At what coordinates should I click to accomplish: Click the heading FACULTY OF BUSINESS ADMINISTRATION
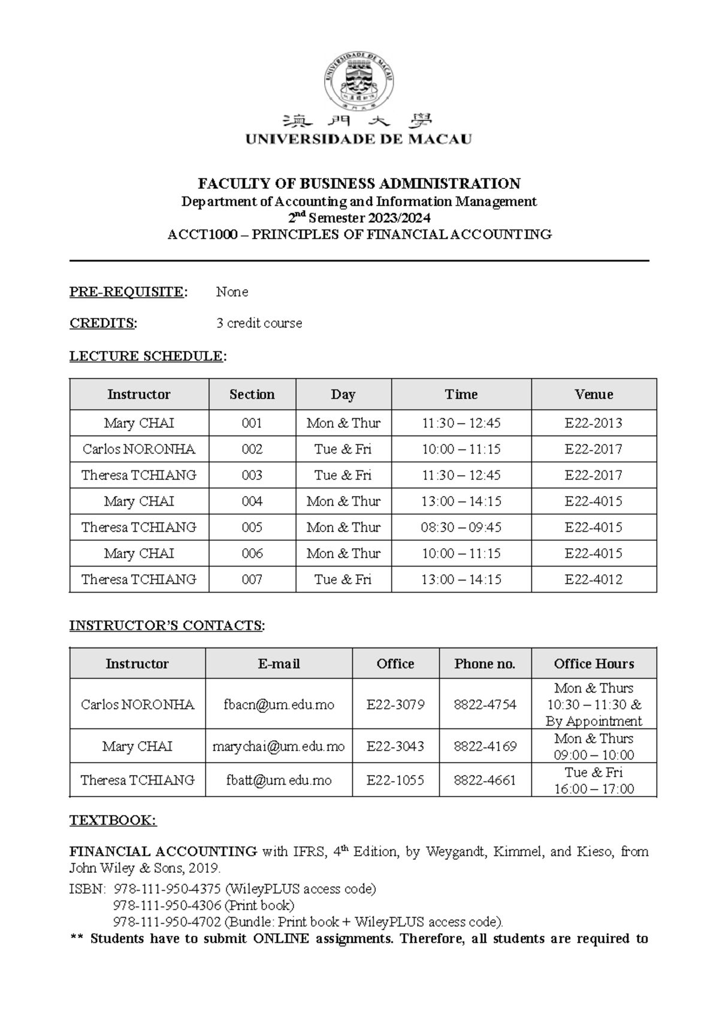pyautogui.click(x=359, y=183)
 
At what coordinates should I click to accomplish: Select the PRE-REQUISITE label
pyautogui.click(x=128, y=292)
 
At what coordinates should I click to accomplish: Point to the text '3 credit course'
pyautogui.click(x=259, y=323)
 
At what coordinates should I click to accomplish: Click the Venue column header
pyautogui.click(x=593, y=394)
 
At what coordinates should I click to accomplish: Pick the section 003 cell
pyautogui.click(x=252, y=475)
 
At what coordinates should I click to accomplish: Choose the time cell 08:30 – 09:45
pyautogui.click(x=461, y=527)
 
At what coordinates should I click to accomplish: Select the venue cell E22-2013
pyautogui.click(x=593, y=423)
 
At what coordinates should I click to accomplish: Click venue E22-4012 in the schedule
pyautogui.click(x=593, y=579)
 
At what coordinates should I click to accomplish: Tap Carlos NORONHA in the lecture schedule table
pyautogui.click(x=139, y=449)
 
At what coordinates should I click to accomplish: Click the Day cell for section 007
pyautogui.click(x=343, y=579)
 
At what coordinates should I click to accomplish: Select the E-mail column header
pyautogui.click(x=279, y=664)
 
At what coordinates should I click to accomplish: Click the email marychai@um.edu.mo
pyautogui.click(x=279, y=746)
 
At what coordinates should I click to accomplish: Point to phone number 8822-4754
pyautogui.click(x=485, y=704)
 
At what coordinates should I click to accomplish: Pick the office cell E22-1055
pyautogui.click(x=395, y=780)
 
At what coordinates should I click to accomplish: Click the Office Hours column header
pyautogui.click(x=593, y=664)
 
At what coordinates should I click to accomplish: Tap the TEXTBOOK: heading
pyautogui.click(x=113, y=820)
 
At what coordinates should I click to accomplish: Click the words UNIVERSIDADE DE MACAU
pyautogui.click(x=359, y=140)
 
